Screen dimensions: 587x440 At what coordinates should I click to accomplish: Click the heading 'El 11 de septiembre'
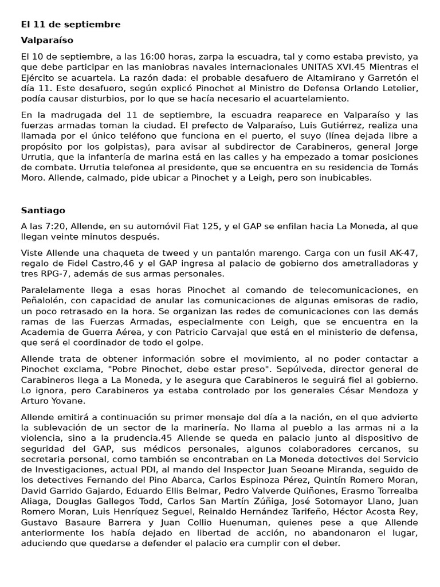click(70, 25)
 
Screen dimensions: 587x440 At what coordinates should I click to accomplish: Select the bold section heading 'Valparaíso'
click(47, 41)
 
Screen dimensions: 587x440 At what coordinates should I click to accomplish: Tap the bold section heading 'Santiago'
click(43, 210)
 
